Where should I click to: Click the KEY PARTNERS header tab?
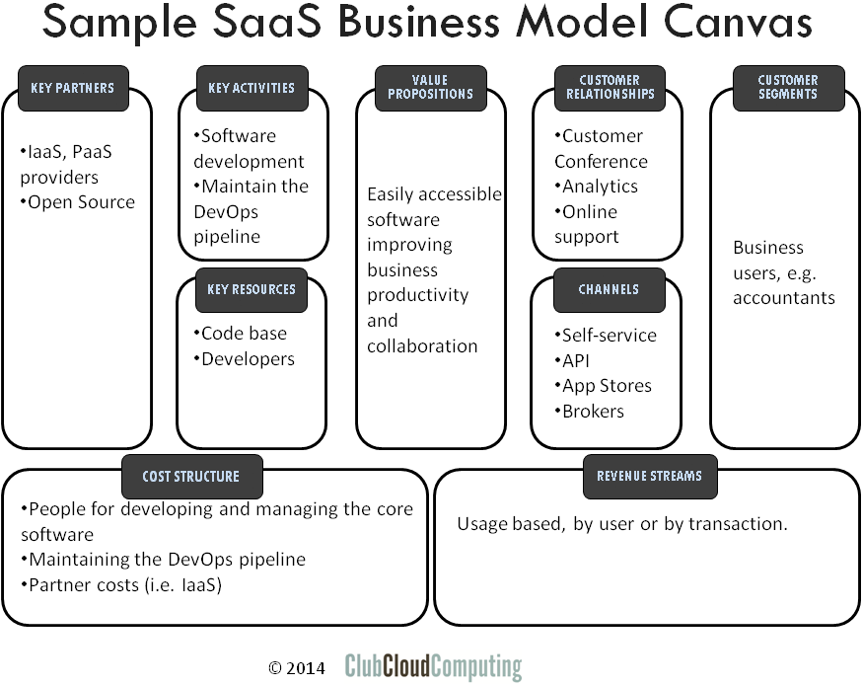coord(72,88)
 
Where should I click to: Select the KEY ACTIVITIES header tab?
coord(251,88)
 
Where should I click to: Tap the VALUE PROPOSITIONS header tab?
coord(430,88)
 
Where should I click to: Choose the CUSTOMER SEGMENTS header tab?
coord(788,88)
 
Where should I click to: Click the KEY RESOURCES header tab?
coord(251,289)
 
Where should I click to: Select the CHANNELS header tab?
coord(610,289)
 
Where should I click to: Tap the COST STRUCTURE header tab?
coord(190,476)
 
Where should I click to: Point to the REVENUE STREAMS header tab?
coord(649,476)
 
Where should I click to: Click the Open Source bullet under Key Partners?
coord(78,202)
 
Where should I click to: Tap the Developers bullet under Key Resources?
coord(246,359)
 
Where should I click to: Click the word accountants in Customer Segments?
coord(784,297)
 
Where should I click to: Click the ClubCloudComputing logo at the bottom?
coord(433,667)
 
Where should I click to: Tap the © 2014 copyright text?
coord(296,668)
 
